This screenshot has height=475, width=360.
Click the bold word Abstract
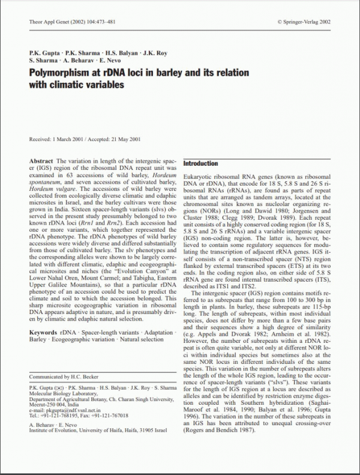click(x=40, y=162)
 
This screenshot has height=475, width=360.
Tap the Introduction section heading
click(x=201, y=163)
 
